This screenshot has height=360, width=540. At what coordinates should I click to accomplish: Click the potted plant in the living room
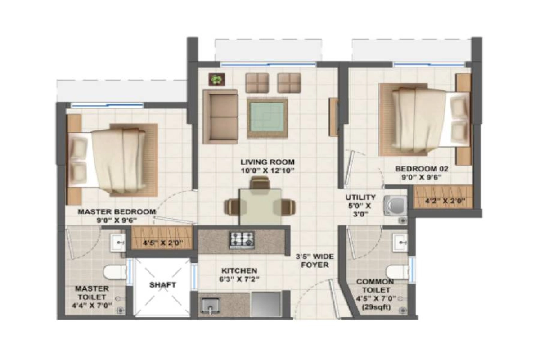(x=217, y=80)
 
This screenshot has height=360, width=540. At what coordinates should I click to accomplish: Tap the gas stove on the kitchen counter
(x=242, y=240)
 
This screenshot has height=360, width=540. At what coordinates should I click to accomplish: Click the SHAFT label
(x=162, y=284)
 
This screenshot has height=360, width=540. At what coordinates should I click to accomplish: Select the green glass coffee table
(x=267, y=118)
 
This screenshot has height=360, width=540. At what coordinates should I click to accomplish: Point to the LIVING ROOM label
(x=267, y=162)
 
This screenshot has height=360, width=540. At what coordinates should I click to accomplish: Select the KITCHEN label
(x=239, y=271)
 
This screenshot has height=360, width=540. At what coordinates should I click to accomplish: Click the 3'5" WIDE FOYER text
(x=315, y=261)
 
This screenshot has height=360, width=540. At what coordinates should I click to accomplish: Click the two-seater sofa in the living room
(x=220, y=116)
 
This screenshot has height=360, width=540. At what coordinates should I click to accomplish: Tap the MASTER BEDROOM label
(x=117, y=211)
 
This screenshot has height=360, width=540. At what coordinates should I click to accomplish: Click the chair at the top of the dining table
(x=260, y=182)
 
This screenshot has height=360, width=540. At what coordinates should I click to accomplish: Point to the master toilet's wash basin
(x=118, y=243)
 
